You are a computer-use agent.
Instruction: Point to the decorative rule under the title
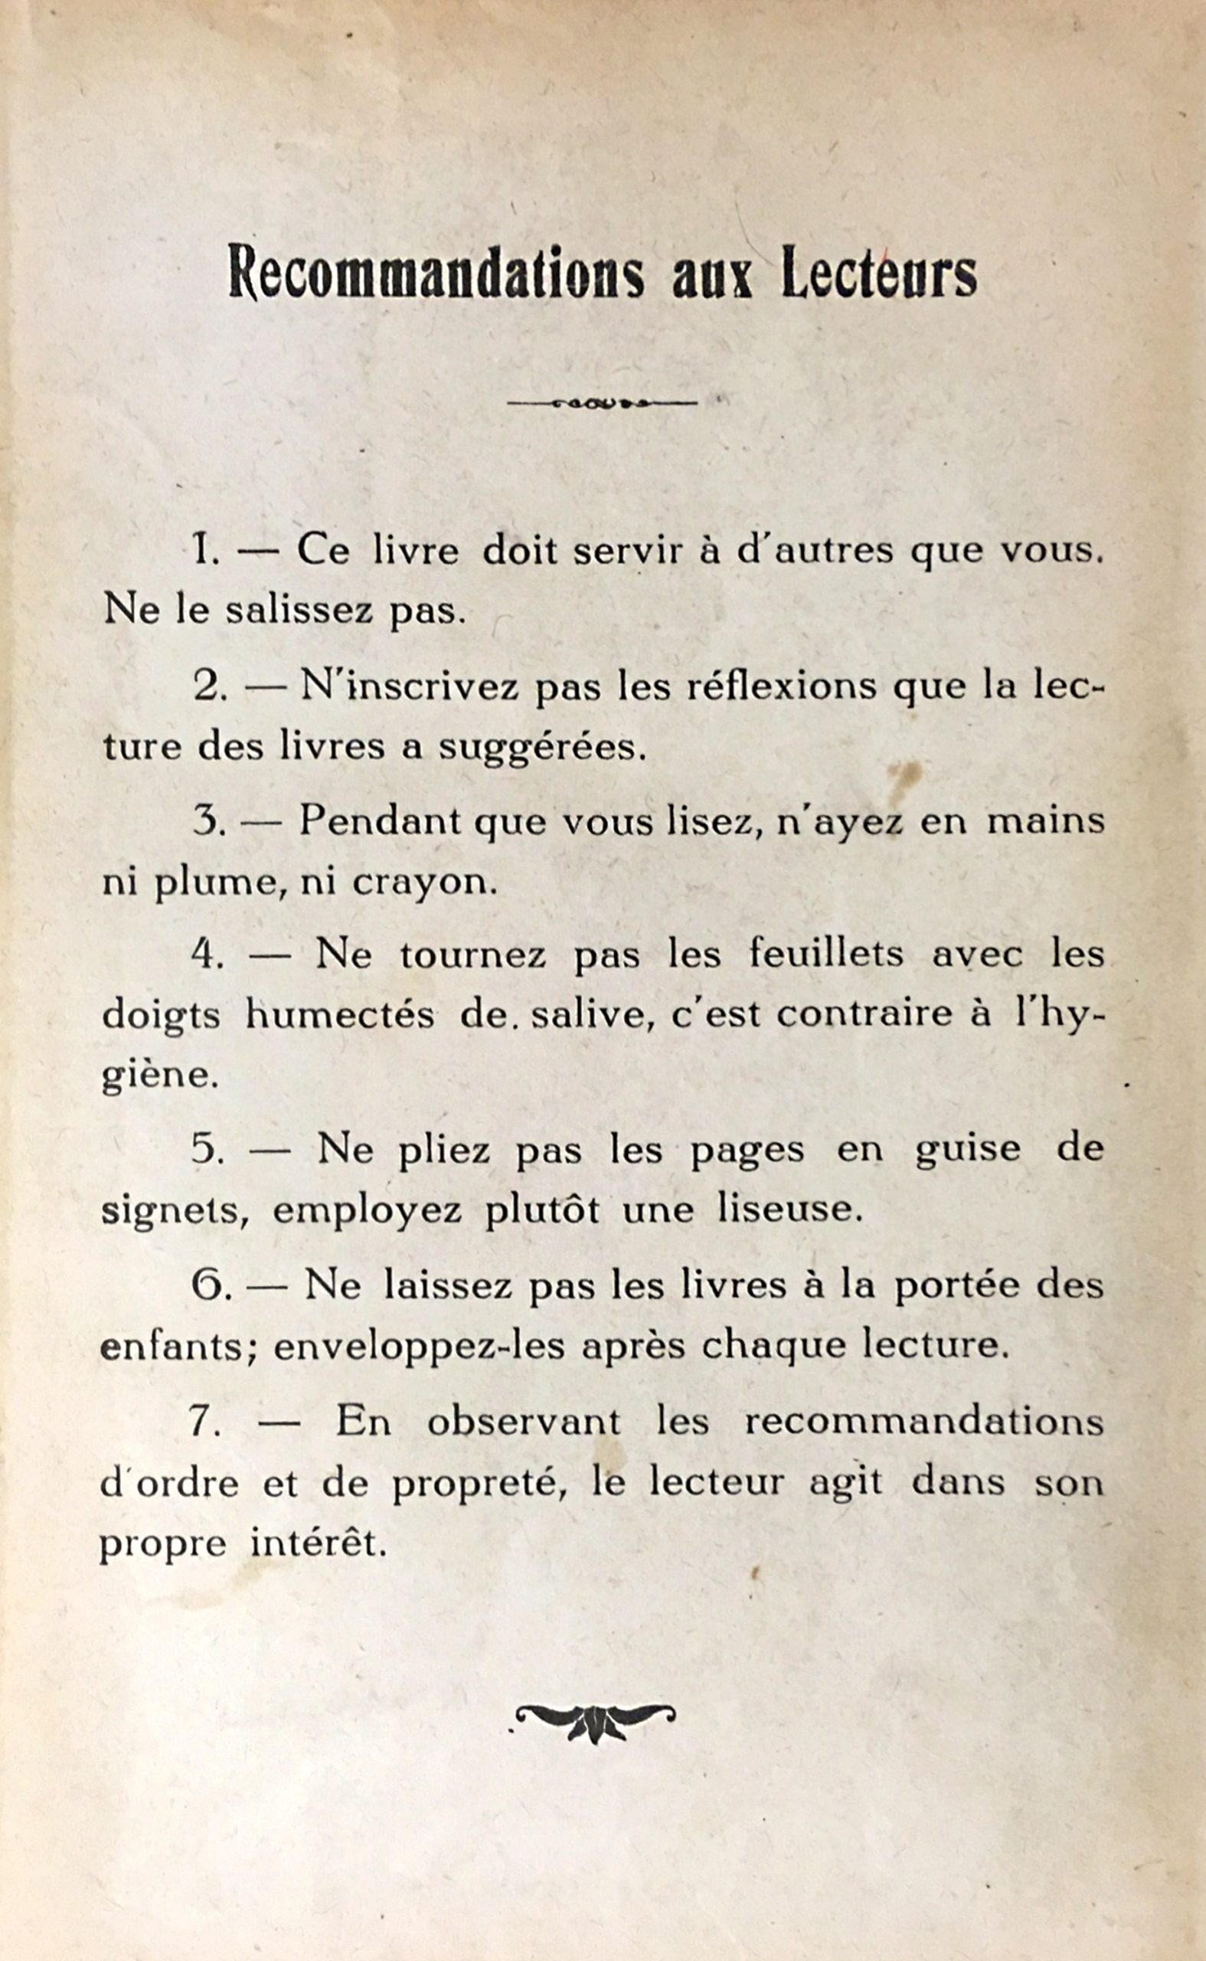(602, 403)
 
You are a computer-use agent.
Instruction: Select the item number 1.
(205, 552)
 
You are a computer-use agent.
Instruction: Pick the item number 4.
(207, 955)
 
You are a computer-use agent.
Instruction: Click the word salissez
(299, 611)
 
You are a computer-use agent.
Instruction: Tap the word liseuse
(789, 1209)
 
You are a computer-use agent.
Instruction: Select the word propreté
(479, 1483)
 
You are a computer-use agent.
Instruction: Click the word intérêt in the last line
(319, 1543)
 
